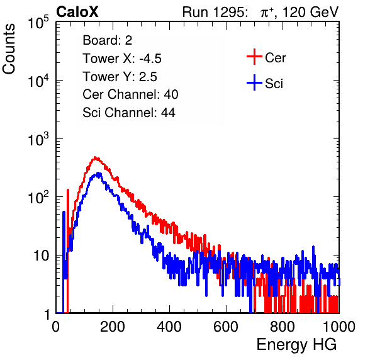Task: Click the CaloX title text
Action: pyautogui.click(x=77, y=11)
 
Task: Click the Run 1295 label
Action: pyautogui.click(x=215, y=12)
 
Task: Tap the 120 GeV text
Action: pyautogui.click(x=310, y=12)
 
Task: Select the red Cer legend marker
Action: pyautogui.click(x=254, y=57)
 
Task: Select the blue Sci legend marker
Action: pyautogui.click(x=254, y=82)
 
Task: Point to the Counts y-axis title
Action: pyautogui.click(x=9, y=49)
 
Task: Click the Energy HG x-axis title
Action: pyautogui.click(x=296, y=345)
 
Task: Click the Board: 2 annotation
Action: pyautogui.click(x=108, y=40)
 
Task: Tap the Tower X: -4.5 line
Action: pyautogui.click(x=122, y=59)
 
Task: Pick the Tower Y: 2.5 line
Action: pyautogui.click(x=120, y=77)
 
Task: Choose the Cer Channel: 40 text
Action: pyautogui.click(x=130, y=94)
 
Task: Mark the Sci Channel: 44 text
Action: pyautogui.click(x=129, y=113)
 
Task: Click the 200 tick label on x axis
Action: pyautogui.click(x=113, y=327)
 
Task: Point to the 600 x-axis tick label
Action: pyautogui.click(x=226, y=327)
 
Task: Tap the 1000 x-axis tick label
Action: pyautogui.click(x=339, y=327)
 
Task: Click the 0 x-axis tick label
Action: pyautogui.click(x=56, y=327)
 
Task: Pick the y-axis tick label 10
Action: pyautogui.click(x=41, y=256)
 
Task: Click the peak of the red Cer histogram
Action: pyautogui.click(x=95, y=157)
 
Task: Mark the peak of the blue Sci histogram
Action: pyautogui.click(x=98, y=173)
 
